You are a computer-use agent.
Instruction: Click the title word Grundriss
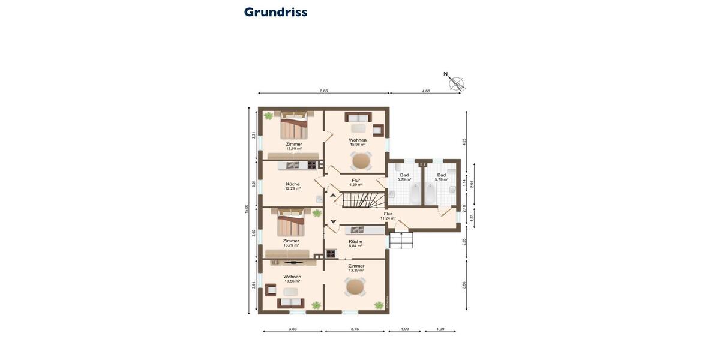pos(275,12)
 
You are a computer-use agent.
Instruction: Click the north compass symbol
pos(456,83)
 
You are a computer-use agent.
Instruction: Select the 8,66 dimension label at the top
pos(323,91)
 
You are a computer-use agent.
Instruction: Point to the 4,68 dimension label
pos(425,91)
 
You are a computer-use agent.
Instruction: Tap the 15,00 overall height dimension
pos(246,209)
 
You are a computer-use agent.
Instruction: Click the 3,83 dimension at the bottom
pos(292,329)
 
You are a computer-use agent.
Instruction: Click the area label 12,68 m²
pos(293,149)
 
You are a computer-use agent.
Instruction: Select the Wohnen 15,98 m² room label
pos(358,142)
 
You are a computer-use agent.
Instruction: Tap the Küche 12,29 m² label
pos(293,186)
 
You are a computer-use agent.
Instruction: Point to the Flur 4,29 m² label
pos(356,182)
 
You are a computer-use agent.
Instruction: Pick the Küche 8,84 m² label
pos(356,244)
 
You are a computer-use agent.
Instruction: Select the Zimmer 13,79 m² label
pos(291,243)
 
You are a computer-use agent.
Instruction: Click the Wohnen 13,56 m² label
pos(292,278)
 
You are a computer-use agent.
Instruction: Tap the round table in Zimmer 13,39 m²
pos(355,287)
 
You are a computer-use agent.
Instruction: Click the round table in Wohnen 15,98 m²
pos(361,161)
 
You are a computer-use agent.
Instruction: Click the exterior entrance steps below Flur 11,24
pos(401,241)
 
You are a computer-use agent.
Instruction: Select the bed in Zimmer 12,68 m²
pos(293,127)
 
